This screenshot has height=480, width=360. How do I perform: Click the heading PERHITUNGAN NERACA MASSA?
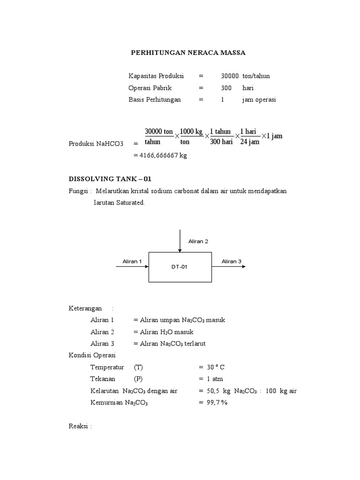188,53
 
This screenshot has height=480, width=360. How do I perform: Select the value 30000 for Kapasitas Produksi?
230,76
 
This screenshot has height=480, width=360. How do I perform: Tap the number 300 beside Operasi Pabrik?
227,88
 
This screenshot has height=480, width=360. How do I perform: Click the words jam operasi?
259,99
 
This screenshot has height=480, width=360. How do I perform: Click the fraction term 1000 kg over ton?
191,136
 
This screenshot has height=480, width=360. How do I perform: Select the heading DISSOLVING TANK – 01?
110,179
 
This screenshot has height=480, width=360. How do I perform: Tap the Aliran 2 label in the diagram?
198,241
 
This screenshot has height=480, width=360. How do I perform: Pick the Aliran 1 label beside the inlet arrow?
132,261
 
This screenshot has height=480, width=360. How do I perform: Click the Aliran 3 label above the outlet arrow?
232,261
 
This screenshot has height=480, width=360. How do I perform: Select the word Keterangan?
85,308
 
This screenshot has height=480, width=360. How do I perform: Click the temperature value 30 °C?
217,367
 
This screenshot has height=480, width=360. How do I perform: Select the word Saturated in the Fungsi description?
130,203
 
